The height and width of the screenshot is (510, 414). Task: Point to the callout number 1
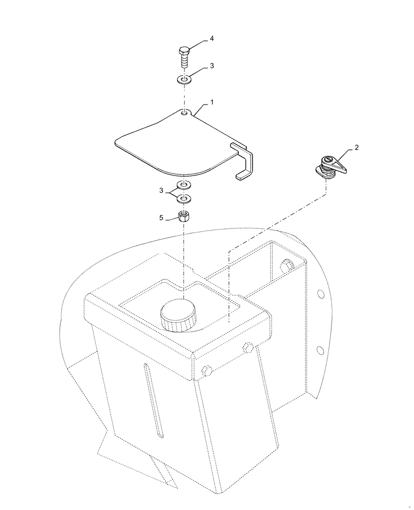[x=212, y=103]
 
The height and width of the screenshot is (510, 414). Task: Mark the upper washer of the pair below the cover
[x=184, y=185]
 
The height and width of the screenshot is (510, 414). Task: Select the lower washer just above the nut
[x=184, y=197]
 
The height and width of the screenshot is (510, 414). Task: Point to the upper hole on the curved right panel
[x=320, y=294]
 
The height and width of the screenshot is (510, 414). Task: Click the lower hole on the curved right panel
[x=320, y=350]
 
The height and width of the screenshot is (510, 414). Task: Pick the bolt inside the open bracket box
[x=287, y=266]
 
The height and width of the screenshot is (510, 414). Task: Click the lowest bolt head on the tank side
[x=206, y=371]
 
